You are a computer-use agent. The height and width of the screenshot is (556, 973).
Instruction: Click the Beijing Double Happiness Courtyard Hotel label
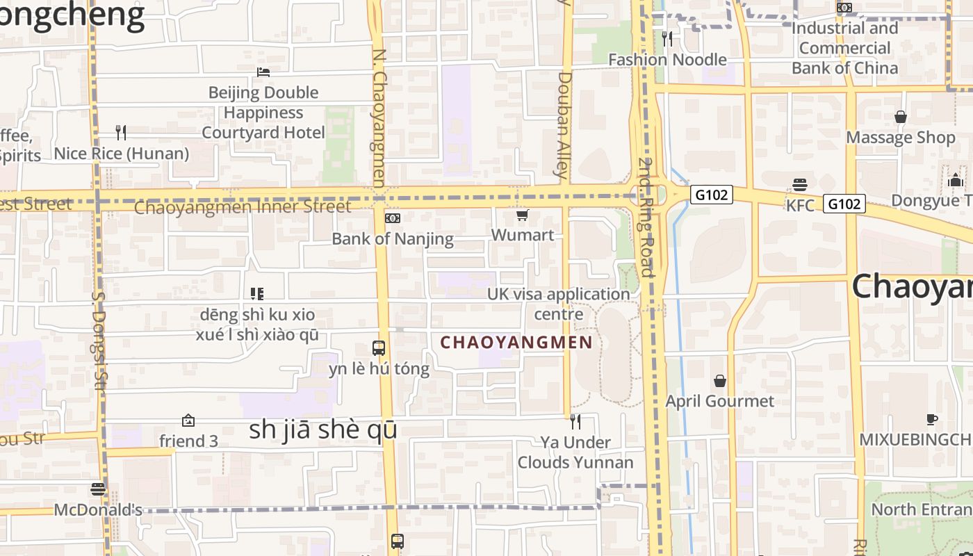263,113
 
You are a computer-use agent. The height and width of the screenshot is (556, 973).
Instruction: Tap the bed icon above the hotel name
263,72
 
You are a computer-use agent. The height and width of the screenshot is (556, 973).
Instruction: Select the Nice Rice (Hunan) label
122,154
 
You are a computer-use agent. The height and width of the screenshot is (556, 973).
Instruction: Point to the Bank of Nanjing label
393,239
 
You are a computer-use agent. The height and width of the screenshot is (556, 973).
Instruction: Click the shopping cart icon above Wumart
523,215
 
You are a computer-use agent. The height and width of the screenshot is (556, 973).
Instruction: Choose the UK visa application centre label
559,304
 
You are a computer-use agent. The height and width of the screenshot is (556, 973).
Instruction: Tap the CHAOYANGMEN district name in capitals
516,342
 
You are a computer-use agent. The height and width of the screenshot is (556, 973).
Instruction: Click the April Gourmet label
719,401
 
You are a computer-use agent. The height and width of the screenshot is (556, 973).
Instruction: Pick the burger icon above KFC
800,185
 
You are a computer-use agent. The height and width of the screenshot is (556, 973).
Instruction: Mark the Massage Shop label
901,138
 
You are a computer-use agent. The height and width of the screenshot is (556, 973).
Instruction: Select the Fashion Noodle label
667,60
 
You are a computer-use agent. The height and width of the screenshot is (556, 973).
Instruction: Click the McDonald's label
98,510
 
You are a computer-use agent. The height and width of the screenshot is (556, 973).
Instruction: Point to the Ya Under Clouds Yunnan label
575,452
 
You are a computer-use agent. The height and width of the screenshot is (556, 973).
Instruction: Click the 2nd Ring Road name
647,217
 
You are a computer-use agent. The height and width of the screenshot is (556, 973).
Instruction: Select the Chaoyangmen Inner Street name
243,207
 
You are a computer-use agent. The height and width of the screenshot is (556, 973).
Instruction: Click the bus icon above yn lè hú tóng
379,348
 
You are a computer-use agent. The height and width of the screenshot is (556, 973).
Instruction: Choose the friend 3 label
188,441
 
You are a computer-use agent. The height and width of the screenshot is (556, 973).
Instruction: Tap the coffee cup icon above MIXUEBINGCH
932,419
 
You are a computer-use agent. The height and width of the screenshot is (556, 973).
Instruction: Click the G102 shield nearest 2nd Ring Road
712,195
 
